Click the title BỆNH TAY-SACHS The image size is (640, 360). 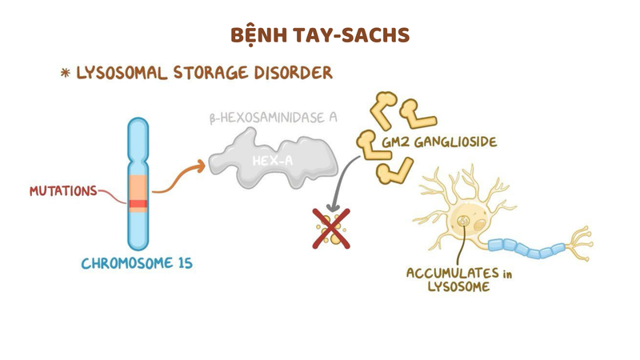[320, 35]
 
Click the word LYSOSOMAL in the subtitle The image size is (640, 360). [122, 73]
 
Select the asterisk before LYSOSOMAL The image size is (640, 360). [66, 74]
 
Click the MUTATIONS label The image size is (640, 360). [62, 191]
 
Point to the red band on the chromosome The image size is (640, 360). [138, 204]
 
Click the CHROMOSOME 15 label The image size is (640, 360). [137, 263]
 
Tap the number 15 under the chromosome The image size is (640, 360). [182, 263]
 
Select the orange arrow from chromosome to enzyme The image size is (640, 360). [178, 178]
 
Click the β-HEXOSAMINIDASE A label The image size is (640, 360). [272, 118]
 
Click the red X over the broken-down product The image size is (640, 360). [330, 229]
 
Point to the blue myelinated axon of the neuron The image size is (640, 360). [528, 246]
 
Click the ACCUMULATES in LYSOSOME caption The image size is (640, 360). [458, 279]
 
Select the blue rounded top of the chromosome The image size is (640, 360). [138, 128]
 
